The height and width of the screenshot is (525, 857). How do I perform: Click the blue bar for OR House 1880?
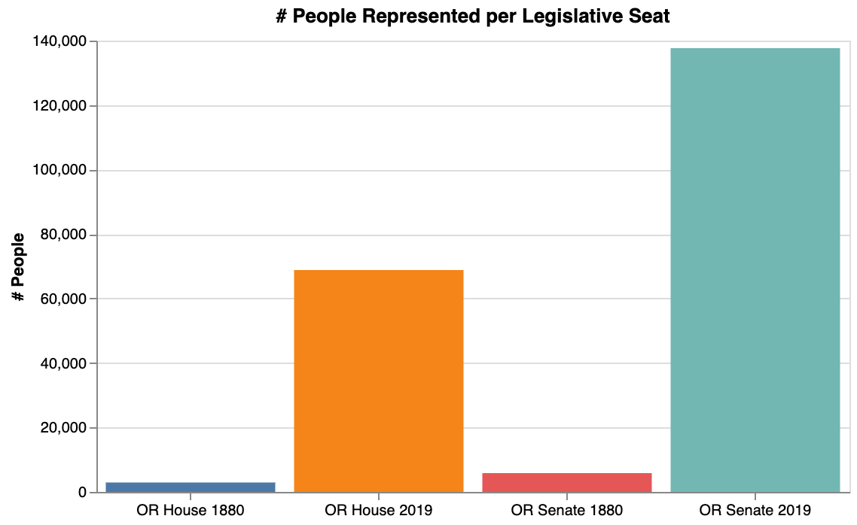coord(191,487)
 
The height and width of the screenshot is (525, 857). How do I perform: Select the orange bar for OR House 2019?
coord(379,381)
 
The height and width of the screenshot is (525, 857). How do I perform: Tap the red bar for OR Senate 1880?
coord(567,483)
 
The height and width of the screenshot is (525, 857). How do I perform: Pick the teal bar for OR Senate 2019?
coord(755,271)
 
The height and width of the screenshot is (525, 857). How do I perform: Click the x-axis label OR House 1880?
coord(191,511)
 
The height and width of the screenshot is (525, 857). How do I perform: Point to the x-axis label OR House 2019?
coord(379,511)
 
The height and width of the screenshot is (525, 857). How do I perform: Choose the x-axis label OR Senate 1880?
coord(567,511)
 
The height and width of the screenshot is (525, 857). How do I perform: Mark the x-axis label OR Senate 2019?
coord(755,511)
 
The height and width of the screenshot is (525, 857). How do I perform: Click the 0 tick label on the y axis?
coord(82,493)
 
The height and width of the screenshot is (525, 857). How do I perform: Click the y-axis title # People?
coord(18,267)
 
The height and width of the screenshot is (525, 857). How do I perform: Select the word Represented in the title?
coord(402,17)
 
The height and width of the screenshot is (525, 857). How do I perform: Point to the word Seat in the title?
coord(650,17)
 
